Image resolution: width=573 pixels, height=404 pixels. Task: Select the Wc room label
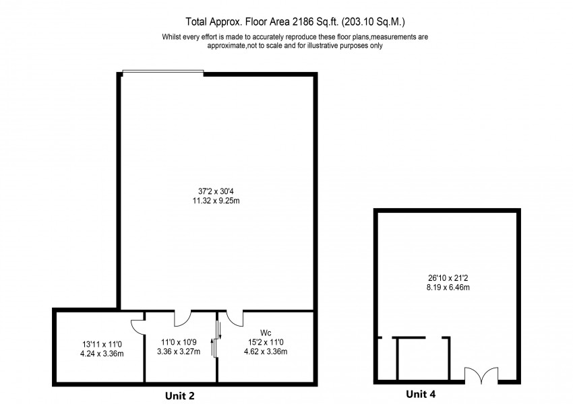pyautogui.click(x=265, y=333)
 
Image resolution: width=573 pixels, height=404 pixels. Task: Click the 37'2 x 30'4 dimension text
pyautogui.click(x=217, y=191)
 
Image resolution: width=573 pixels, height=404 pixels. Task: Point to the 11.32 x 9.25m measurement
pyautogui.click(x=217, y=201)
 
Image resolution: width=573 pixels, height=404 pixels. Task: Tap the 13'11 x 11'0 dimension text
pyautogui.click(x=98, y=343)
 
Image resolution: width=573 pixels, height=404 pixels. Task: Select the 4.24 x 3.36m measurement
pyautogui.click(x=98, y=353)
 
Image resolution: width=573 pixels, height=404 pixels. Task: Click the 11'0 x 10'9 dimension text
pyautogui.click(x=179, y=342)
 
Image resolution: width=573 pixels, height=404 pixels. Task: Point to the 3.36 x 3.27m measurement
pyautogui.click(x=179, y=351)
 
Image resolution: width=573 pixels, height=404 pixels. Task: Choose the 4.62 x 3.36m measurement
pyautogui.click(x=265, y=351)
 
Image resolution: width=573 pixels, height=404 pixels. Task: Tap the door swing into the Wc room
pyautogui.click(x=235, y=316)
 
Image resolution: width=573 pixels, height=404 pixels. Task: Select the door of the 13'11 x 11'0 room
pyautogui.click(x=137, y=324)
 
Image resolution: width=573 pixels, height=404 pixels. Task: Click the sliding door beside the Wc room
pyautogui.click(x=216, y=340)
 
